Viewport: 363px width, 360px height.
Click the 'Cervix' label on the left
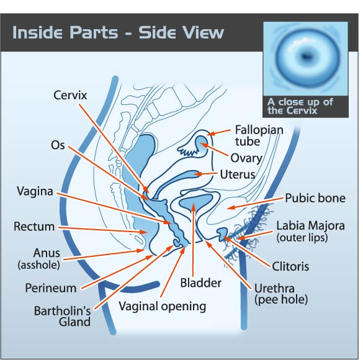(x=70, y=95)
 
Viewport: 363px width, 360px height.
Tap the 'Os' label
(x=58, y=145)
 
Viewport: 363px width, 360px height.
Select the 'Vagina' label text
(x=35, y=191)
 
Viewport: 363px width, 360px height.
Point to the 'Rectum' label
(x=34, y=227)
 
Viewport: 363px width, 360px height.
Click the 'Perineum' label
(x=51, y=288)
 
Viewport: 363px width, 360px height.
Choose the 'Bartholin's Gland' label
(x=62, y=317)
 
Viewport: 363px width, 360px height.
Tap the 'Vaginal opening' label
(x=163, y=307)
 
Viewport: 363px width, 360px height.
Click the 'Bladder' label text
(x=200, y=283)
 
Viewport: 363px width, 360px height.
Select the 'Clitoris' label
(x=290, y=266)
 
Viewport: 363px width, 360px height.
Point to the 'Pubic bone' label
(x=315, y=198)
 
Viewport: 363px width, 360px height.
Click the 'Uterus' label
(x=237, y=174)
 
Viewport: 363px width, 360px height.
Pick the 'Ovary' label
(x=246, y=158)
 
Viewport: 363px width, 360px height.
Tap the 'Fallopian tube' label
(x=259, y=136)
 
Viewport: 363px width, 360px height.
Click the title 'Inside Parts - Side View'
(x=118, y=32)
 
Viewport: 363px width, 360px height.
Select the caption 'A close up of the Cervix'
(x=300, y=106)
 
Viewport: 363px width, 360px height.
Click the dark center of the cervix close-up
(x=306, y=56)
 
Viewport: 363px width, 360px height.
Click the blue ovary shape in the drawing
(x=202, y=145)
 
